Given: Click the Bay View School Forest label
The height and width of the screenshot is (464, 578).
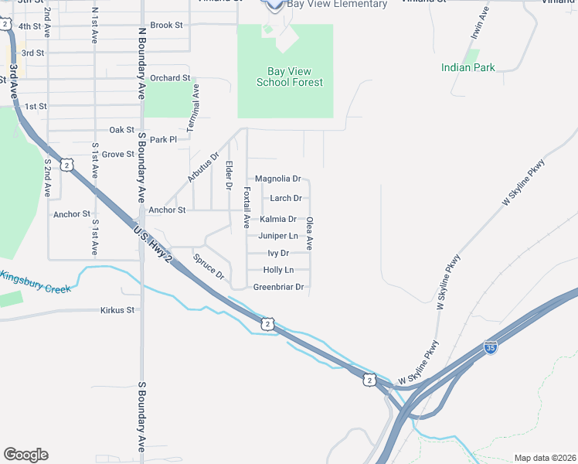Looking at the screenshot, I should [290, 76].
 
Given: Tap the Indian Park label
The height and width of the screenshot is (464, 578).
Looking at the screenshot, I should [467, 67].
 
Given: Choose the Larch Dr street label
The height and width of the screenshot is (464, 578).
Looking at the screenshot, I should [285, 199].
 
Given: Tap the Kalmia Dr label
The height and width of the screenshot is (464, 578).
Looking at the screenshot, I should [278, 219].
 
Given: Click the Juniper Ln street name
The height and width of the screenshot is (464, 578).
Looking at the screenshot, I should [277, 236].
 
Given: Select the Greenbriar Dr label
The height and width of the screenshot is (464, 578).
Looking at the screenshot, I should [279, 287].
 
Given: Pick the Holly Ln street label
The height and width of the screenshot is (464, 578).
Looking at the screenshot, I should [278, 270].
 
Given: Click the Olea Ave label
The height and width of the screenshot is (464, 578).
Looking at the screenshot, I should [309, 233].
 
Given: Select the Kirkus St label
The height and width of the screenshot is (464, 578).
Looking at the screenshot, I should [117, 310].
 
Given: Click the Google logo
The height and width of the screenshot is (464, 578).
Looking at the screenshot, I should [25, 455].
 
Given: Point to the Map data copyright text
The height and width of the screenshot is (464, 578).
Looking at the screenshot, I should [544, 458].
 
